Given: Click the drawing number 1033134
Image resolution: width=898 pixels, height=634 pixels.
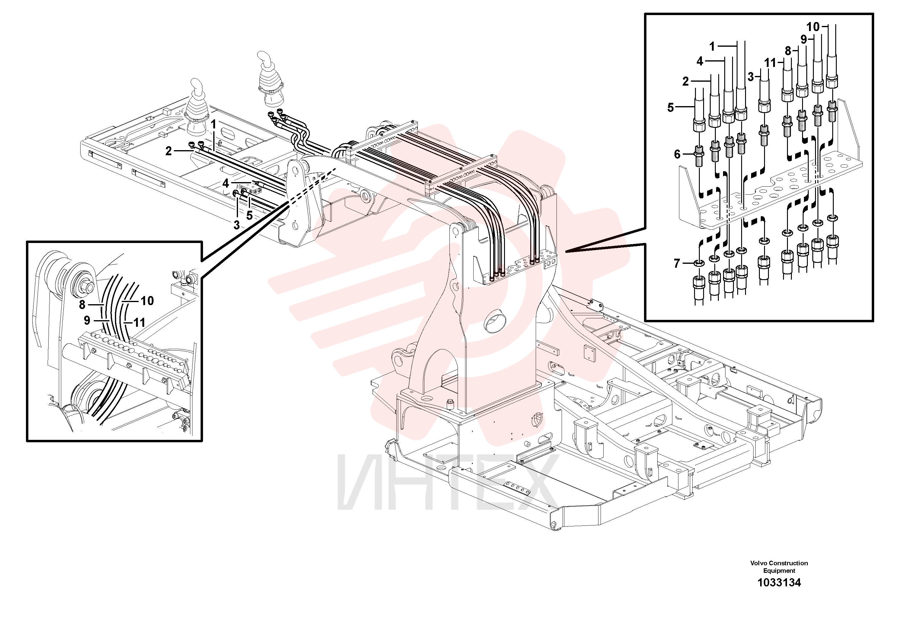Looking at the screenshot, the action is [x=779, y=583].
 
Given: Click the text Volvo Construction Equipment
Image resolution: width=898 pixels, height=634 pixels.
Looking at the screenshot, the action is [x=779, y=567].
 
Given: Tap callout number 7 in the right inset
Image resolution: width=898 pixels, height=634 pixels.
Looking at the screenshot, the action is [x=677, y=263].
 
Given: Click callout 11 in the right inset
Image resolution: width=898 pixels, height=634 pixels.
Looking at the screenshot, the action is [x=770, y=63].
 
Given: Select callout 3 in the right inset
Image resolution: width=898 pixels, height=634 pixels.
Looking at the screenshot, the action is [x=750, y=77].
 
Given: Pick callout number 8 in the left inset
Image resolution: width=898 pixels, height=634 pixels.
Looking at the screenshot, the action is [x=82, y=304].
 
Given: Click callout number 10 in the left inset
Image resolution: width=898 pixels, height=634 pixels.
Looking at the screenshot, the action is [x=148, y=301].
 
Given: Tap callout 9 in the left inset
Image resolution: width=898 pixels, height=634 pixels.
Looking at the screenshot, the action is [x=87, y=320].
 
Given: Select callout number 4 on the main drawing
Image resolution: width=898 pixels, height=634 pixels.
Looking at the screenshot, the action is [x=226, y=183].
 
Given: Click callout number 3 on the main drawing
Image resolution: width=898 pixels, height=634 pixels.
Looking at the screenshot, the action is [x=236, y=225].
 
